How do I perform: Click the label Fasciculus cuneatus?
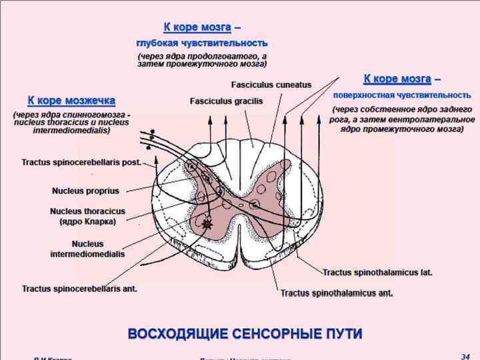pyautogui.click(x=271, y=85)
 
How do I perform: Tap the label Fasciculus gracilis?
pyautogui.click(x=226, y=101)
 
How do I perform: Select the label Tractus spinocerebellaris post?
pyautogui.click(x=81, y=162)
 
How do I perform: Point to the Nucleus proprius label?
pyautogui.click(x=85, y=191)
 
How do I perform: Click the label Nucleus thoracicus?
pyautogui.click(x=87, y=211)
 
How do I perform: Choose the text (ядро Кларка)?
pyautogui.click(x=87, y=221)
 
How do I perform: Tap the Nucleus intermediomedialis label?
pyautogui.click(x=87, y=249)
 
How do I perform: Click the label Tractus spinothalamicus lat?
pyautogui.click(x=377, y=272)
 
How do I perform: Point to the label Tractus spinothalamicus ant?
pyautogui.click(x=336, y=293)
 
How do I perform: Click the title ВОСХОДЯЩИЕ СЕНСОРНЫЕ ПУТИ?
pyautogui.click(x=245, y=333)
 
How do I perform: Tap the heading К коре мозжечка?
pyautogui.click(x=71, y=101)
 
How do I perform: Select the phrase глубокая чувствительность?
pyautogui.click(x=201, y=43)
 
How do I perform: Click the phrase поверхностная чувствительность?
pyautogui.click(x=402, y=95)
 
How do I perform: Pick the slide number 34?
pyautogui.click(x=465, y=357)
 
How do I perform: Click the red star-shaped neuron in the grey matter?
pyautogui.click(x=209, y=225)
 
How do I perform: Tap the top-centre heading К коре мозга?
pyautogui.click(x=197, y=27)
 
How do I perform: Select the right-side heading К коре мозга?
pyautogui.click(x=397, y=79)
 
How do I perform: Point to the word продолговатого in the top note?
pyautogui.click(x=220, y=56)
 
